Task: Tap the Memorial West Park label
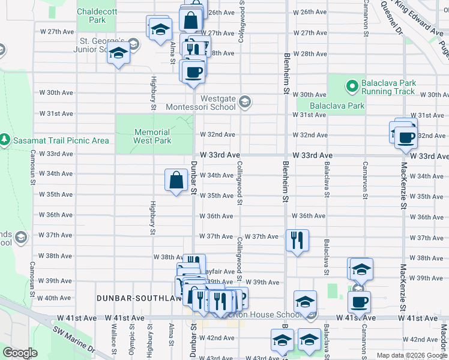(152, 136)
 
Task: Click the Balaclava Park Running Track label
(388, 88)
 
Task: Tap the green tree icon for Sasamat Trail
(5, 140)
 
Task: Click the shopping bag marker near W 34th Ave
(176, 180)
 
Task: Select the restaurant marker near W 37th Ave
(297, 241)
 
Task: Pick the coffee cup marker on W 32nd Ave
(406, 137)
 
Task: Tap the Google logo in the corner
(20, 353)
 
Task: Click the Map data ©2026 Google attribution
(412, 355)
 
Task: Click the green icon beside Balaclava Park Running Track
(351, 88)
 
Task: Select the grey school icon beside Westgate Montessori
(244, 102)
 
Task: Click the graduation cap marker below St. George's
(119, 54)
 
